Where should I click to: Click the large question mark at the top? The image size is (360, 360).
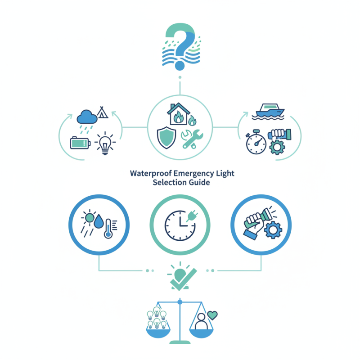click(x=180, y=43)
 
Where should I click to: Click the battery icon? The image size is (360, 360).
click(x=80, y=143)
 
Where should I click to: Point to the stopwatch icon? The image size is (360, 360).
click(x=256, y=143)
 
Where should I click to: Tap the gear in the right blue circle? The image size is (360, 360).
click(x=272, y=230)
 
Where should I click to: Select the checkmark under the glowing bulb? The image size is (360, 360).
click(x=181, y=280)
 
